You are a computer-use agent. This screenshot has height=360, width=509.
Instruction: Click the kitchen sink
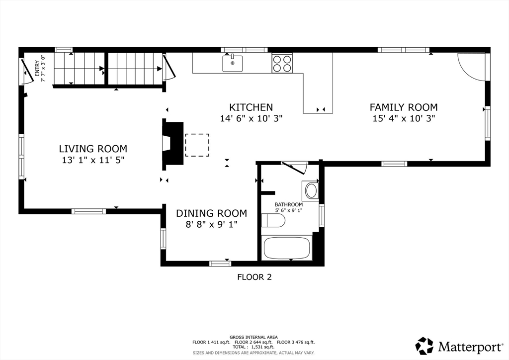233,63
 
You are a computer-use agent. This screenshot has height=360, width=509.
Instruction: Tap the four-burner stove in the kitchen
282,63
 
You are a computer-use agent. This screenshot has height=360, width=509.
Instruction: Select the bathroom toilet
273,220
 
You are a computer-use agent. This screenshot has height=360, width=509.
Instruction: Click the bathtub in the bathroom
287,248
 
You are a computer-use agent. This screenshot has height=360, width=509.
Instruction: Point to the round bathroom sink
311,191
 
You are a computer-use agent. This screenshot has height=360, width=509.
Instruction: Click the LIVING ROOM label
93,149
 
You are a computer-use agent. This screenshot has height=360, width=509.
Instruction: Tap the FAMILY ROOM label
404,107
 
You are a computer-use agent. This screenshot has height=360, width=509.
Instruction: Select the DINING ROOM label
211,213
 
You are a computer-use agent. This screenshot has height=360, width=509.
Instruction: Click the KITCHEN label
251,107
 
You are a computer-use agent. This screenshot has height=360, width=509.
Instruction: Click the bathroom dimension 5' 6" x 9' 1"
289,210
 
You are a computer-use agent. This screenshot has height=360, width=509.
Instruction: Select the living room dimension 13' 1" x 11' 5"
93,160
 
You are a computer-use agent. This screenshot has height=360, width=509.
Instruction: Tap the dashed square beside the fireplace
197,145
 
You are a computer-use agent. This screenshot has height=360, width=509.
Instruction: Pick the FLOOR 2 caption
254,277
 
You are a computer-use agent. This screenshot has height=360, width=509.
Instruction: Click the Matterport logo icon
424,346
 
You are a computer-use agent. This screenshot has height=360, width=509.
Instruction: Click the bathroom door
294,168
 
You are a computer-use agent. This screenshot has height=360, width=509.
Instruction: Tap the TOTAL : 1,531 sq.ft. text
253,347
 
